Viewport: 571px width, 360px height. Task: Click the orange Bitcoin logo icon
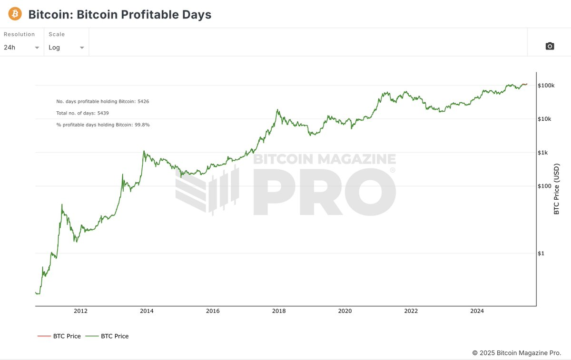(x=15, y=14)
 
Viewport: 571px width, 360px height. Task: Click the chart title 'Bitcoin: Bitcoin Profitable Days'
(x=119, y=14)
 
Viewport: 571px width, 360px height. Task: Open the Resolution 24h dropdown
(x=21, y=48)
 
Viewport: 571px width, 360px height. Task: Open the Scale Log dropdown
(x=66, y=48)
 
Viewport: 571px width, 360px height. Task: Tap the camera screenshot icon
(x=550, y=46)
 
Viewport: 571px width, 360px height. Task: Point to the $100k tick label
(x=546, y=86)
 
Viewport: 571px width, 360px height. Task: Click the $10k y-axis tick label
(x=545, y=119)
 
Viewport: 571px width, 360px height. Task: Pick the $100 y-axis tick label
(x=544, y=186)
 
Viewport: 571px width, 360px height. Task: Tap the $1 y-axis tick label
(x=541, y=253)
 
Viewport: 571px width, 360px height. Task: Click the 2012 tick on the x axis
(x=80, y=311)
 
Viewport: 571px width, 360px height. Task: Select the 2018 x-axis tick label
(x=279, y=311)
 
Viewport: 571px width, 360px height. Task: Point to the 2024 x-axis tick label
(x=477, y=311)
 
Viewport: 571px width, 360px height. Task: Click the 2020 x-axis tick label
(x=345, y=311)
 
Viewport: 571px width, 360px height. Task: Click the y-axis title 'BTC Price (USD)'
(x=556, y=189)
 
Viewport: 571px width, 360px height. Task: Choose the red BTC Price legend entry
(x=59, y=336)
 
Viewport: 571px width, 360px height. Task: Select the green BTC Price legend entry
(x=108, y=336)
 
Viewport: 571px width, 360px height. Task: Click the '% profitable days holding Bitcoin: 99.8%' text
(x=103, y=125)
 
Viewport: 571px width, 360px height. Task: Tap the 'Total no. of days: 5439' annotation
(x=83, y=113)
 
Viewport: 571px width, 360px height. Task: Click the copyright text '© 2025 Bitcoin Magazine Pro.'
(x=516, y=353)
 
